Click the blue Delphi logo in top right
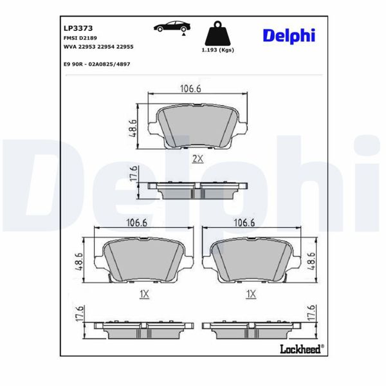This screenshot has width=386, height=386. click(288, 36)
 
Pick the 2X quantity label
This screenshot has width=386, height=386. click(198, 159)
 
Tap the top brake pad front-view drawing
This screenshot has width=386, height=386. click(198, 125)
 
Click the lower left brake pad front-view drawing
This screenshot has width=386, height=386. click(143, 259)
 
